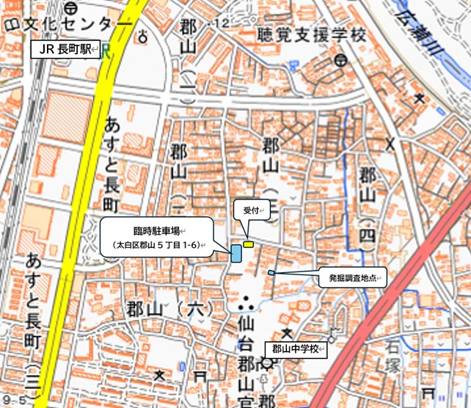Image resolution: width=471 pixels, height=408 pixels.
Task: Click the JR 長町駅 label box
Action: pos(65,51)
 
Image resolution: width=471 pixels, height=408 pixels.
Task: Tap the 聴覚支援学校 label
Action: pos(312,34)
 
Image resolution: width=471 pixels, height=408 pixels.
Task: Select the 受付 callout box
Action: pos(251,211)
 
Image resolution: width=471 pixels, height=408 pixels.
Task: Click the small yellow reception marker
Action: pos(249,244)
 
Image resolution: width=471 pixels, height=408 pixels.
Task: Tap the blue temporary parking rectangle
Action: pos(236,253)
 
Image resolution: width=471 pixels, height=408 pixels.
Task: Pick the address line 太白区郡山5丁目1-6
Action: pos(156,244)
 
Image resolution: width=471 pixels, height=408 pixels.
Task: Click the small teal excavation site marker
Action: pos(271,273)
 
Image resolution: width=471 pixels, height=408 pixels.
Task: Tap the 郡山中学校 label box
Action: pos(294,349)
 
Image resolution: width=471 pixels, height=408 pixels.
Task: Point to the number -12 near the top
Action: pos(219,25)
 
